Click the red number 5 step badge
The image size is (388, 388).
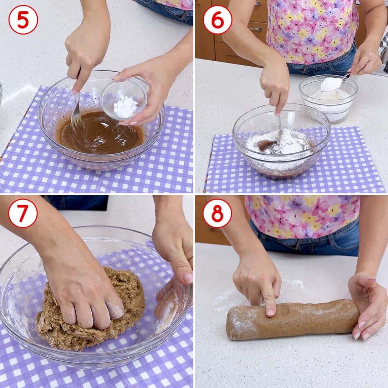[23, 20]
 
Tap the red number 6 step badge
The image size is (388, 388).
[217, 20]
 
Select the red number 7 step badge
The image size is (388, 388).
[23, 213]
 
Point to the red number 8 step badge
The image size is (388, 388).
[217, 213]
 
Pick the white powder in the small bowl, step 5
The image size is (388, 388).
[125, 106]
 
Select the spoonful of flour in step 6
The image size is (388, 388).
[331, 84]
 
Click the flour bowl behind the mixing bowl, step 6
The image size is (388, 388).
[329, 98]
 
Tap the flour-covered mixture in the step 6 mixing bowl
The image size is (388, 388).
[279, 142]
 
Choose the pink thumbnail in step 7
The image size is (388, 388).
[189, 278]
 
